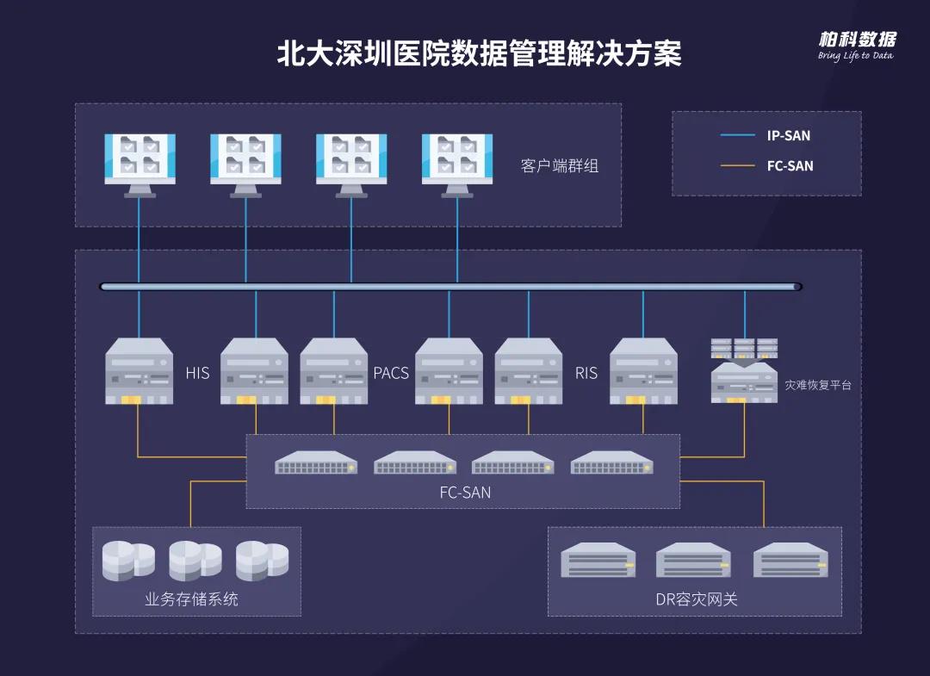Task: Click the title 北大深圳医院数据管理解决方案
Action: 479,53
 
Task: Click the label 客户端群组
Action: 559,165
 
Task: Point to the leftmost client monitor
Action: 139,164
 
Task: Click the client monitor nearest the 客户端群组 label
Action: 456,164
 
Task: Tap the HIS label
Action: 197,374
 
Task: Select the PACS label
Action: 391,374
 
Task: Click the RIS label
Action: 586,374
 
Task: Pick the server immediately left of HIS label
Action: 139,371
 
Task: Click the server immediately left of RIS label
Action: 528,371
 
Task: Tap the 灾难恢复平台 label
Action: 817,385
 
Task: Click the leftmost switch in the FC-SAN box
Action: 316,463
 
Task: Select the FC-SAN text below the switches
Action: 465,493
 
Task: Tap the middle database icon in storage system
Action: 196,560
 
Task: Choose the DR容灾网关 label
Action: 697,599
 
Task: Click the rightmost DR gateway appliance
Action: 790,561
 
